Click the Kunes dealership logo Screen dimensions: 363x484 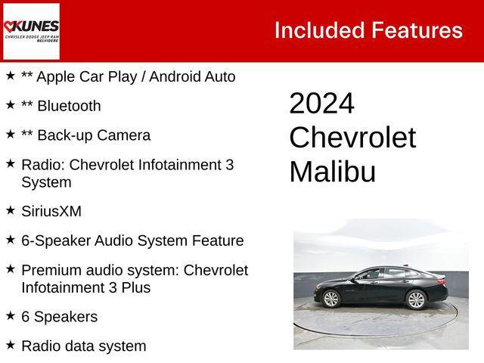[31, 30]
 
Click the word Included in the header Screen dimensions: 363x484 [318, 30]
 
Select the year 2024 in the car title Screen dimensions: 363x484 [321, 104]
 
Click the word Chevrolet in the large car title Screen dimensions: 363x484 [352, 138]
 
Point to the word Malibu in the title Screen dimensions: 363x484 [332, 172]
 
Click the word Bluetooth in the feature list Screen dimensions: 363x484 [69, 106]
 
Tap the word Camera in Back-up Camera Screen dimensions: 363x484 [125, 135]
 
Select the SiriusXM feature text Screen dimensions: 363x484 [51, 212]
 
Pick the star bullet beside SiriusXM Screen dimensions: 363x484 [11, 209]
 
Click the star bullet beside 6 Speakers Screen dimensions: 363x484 [11, 315]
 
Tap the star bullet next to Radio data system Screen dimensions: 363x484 [11, 344]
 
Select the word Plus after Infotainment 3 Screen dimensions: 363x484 [135, 287]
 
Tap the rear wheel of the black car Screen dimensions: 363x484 [416, 299]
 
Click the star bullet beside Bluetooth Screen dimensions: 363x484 [11, 104]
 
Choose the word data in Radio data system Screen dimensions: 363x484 [84, 346]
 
